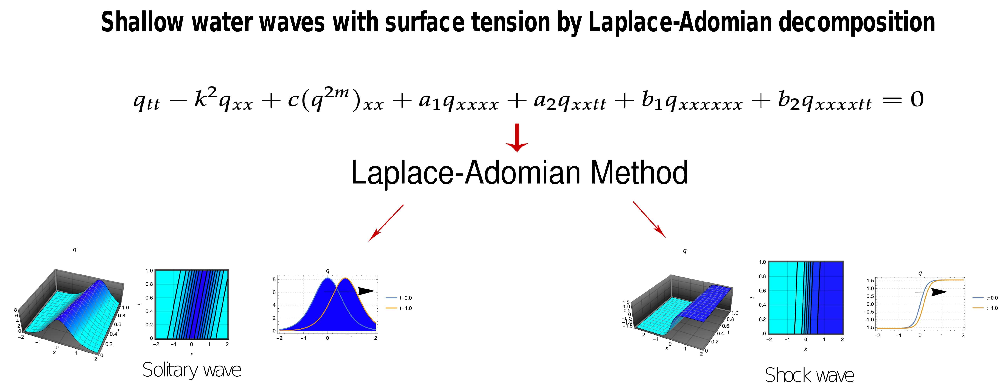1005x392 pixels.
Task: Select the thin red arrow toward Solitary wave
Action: pyautogui.click(x=386, y=223)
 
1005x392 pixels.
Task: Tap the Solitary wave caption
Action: pyautogui.click(x=192, y=370)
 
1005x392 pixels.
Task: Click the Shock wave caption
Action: pyautogui.click(x=809, y=375)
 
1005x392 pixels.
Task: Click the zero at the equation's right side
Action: pyautogui.click(x=917, y=100)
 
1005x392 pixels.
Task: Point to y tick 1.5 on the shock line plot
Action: pyautogui.click(x=870, y=281)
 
